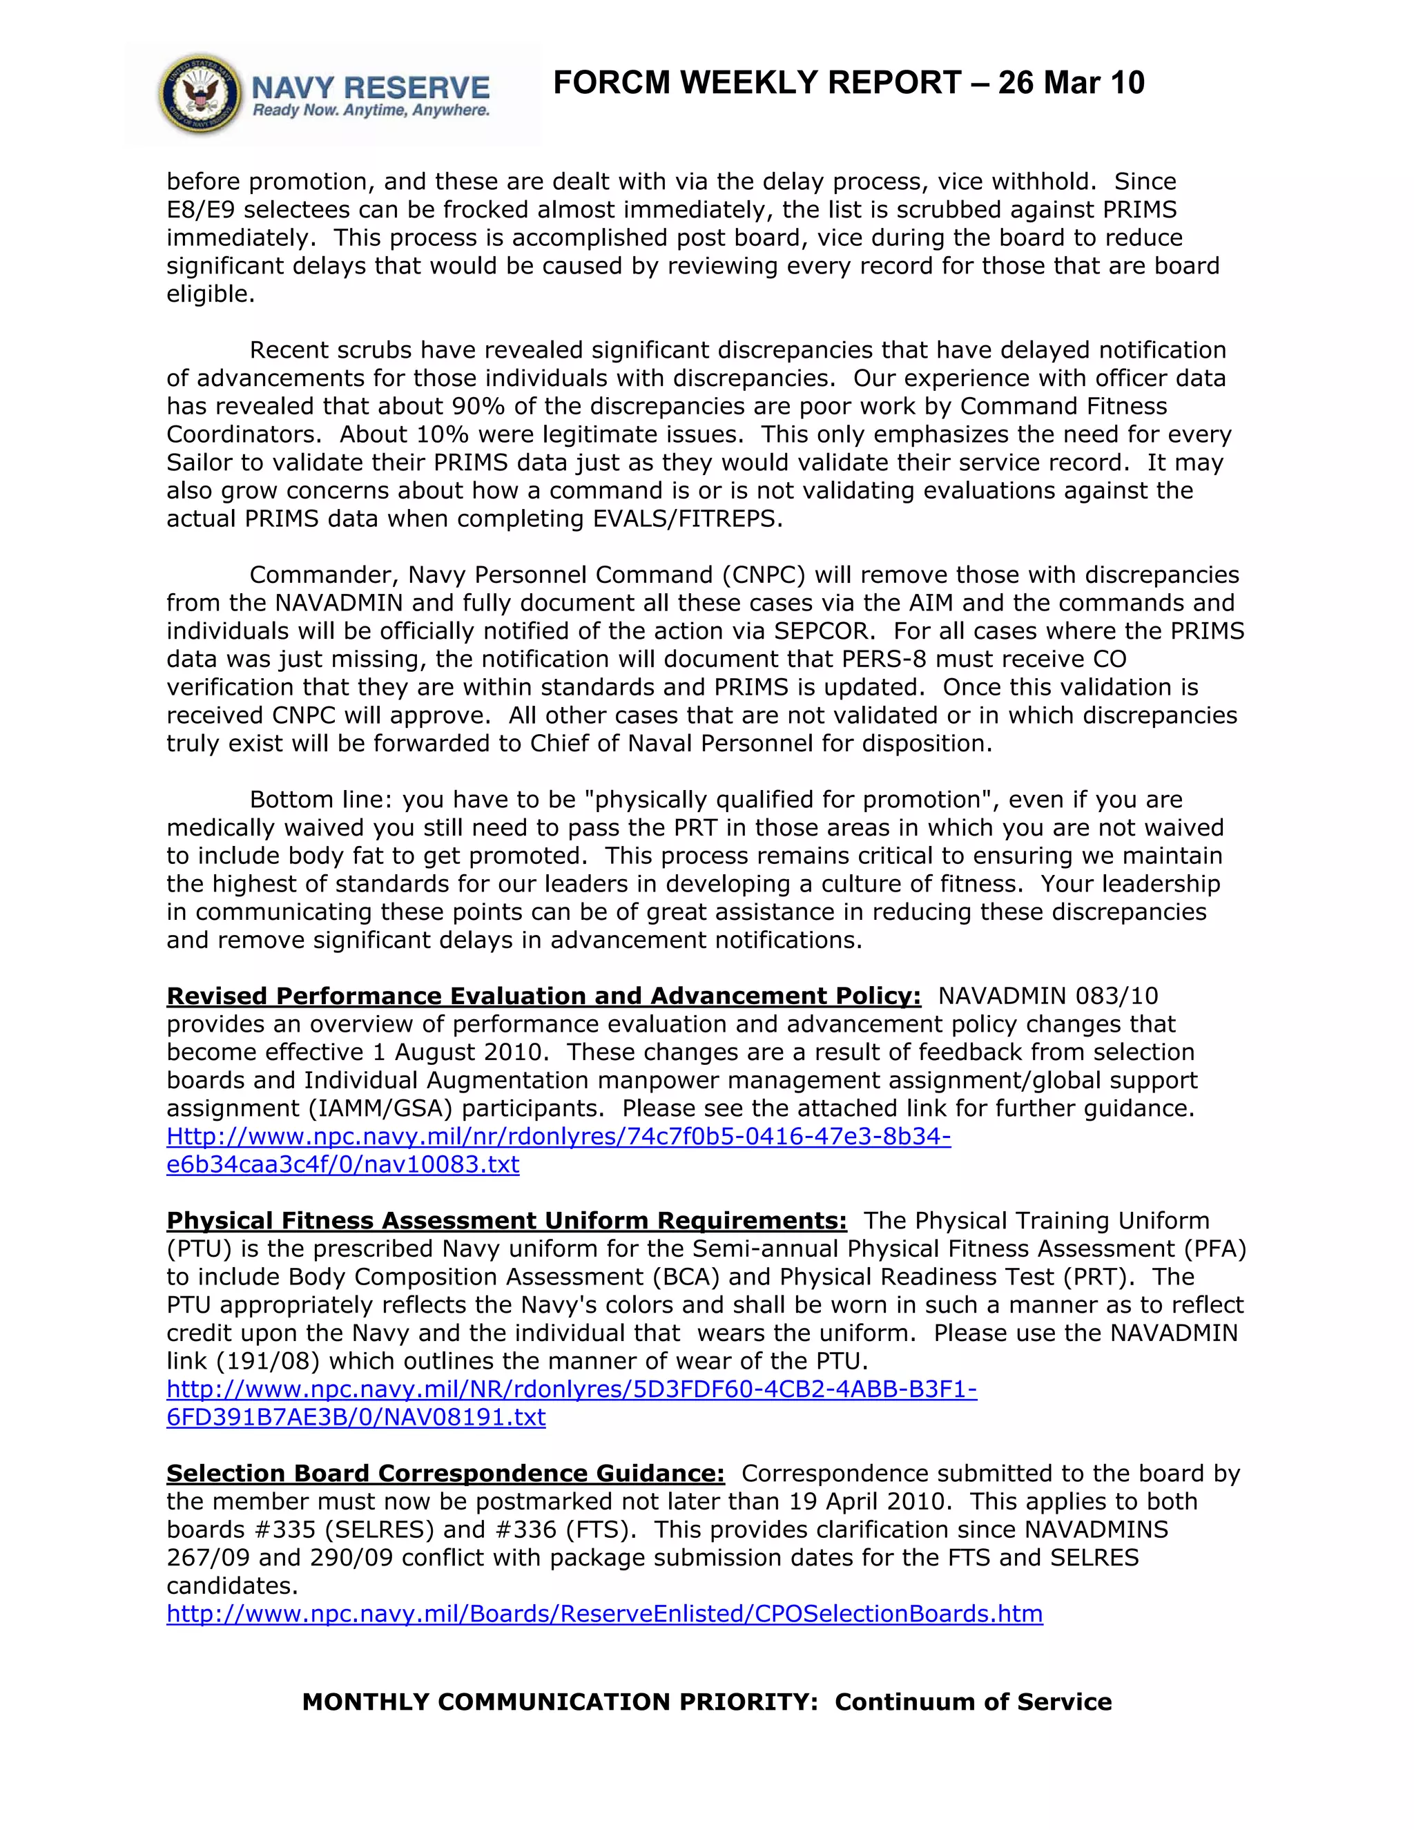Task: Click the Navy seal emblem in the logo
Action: coord(200,95)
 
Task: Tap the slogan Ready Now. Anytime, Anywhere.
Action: coord(371,110)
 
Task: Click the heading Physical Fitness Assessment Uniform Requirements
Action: coord(506,1220)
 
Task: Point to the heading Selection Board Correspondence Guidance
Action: coord(445,1473)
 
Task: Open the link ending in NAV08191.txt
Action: coord(356,1417)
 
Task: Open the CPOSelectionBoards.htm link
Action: coord(604,1614)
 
